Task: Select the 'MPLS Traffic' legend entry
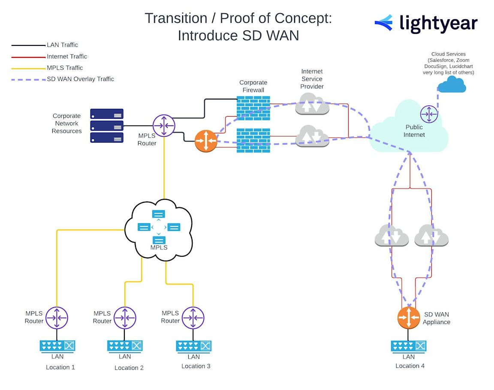(x=65, y=68)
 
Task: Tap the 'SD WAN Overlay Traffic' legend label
(x=80, y=79)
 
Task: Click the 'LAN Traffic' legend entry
(x=62, y=45)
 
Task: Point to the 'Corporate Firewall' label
(x=253, y=86)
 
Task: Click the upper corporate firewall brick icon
(x=253, y=108)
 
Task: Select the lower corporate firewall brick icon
(x=253, y=140)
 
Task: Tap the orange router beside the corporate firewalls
(x=206, y=141)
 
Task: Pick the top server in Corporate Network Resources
(x=107, y=114)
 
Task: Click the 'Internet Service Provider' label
(x=312, y=79)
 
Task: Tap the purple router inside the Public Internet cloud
(x=429, y=114)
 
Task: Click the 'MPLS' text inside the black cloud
(x=159, y=248)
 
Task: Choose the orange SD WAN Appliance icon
(x=409, y=318)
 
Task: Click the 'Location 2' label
(x=129, y=368)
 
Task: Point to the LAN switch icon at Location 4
(x=409, y=345)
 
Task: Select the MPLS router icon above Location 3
(x=193, y=318)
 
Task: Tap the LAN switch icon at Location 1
(x=57, y=345)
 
